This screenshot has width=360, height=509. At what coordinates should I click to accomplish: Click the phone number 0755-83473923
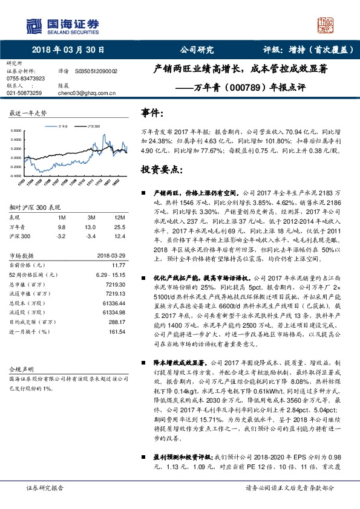(25, 79)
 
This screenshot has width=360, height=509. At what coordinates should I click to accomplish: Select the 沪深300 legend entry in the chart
(93, 125)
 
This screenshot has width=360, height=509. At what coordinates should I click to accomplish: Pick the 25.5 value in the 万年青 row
(119, 227)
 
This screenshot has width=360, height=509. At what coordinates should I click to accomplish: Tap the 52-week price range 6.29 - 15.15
(109, 274)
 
